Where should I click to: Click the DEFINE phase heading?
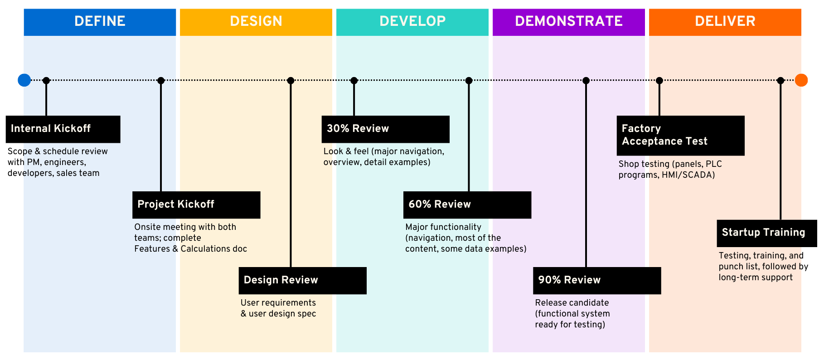point(100,21)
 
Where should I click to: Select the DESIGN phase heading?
point(256,21)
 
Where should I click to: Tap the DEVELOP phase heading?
point(412,21)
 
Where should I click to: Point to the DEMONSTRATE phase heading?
point(569,21)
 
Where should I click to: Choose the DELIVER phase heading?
point(725,21)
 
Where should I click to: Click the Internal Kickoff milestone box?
point(63,129)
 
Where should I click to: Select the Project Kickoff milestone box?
point(196,204)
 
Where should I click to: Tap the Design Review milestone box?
point(302,280)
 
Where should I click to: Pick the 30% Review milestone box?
point(385,129)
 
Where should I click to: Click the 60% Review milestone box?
point(467,204)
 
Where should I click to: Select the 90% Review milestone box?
point(596,280)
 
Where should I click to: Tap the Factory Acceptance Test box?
point(680,135)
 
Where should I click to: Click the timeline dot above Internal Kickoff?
point(46,81)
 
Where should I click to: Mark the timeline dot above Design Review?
point(291,81)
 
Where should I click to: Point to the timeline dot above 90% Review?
point(586,81)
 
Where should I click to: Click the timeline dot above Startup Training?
point(780,81)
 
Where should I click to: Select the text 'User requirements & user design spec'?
point(278,308)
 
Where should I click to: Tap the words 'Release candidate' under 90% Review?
point(572,303)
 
